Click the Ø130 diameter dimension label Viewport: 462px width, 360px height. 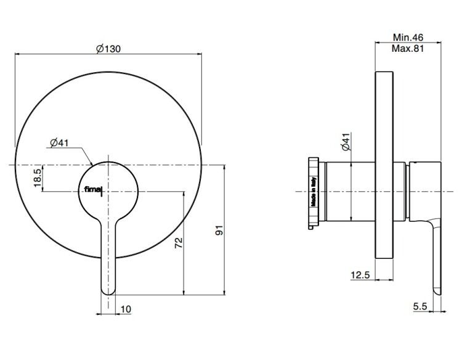(108, 48)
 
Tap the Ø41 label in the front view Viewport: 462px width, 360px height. (59, 143)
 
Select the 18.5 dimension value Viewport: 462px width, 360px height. (38, 178)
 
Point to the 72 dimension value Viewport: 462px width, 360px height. (179, 243)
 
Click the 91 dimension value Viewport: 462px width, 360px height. (220, 230)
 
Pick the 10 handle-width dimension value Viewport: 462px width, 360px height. (126, 309)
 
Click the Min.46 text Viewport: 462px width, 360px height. (408, 38)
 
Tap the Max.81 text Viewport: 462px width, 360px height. (408, 48)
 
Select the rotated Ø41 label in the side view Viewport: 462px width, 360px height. (346, 142)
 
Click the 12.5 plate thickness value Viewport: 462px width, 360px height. (360, 275)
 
